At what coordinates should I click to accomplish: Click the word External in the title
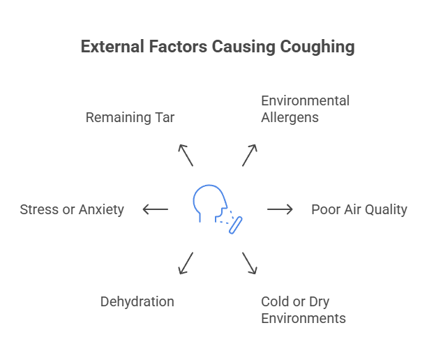pos(108,47)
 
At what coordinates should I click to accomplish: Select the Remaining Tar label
pos(130,117)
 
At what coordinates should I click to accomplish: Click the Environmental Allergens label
pos(305,109)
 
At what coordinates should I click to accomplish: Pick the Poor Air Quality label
pos(359,209)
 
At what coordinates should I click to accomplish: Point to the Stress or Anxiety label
pos(72,209)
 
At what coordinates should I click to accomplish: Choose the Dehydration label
pos(137,301)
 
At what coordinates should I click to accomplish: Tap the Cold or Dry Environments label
pos(303,310)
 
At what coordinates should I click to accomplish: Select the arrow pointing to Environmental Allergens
pos(250,155)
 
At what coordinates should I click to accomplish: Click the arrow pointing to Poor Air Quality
pos(280,209)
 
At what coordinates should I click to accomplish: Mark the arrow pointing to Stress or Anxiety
pos(155,209)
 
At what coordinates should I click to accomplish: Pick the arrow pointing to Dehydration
pos(186,263)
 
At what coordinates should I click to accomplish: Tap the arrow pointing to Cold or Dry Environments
pos(250,263)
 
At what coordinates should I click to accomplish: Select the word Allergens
pos(290,117)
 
